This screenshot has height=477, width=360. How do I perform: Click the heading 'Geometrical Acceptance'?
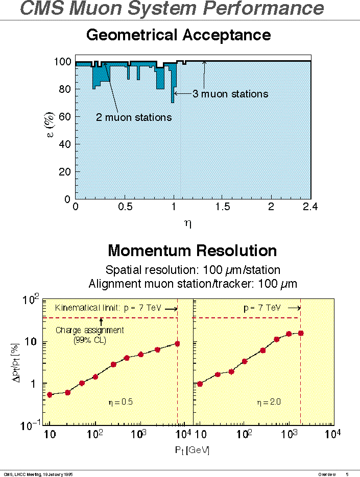178,35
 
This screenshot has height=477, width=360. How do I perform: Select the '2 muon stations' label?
134,118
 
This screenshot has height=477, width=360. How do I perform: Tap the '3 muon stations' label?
230,94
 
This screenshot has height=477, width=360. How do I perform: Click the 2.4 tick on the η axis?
310,207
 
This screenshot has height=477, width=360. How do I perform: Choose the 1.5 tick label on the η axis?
223,207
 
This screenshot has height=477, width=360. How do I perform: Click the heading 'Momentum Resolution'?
192,250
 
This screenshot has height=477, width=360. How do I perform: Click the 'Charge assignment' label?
89,330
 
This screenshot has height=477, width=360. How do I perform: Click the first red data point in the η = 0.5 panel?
50,394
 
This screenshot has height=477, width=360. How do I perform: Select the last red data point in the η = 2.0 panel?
301,333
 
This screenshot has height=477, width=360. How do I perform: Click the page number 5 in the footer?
347,474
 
